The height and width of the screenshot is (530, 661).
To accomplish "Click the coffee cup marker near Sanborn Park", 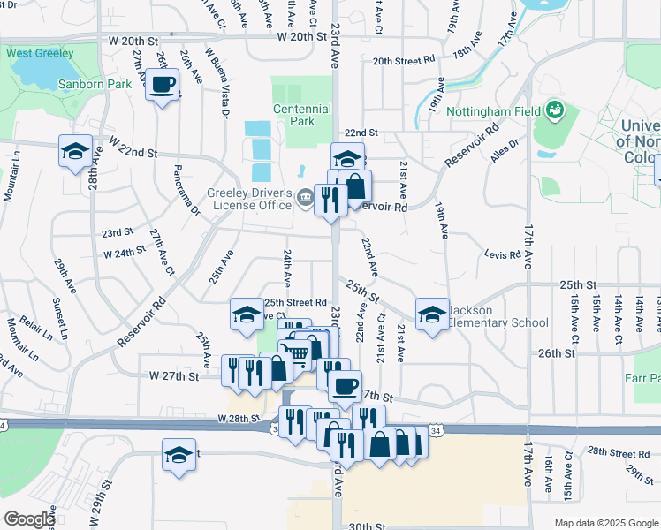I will [162, 86].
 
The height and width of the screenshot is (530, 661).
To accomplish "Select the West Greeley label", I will [40, 53].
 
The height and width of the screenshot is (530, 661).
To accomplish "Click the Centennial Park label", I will [301, 115].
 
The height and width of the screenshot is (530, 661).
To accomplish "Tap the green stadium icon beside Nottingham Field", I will [555, 110].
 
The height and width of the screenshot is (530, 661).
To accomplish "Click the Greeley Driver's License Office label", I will [250, 199].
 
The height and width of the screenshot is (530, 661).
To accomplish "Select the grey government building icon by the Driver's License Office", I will [305, 196].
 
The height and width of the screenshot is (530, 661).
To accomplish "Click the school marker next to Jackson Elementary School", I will [431, 314].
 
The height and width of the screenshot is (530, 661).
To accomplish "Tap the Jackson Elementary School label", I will [498, 316].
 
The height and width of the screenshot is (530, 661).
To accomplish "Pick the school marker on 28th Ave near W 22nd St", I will [75, 151].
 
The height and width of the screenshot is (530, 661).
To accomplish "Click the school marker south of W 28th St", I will [179, 456].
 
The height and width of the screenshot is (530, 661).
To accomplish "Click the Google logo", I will [29, 519].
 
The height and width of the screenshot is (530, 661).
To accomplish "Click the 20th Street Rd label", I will [403, 61].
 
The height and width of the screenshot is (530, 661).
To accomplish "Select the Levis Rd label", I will [503, 254].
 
